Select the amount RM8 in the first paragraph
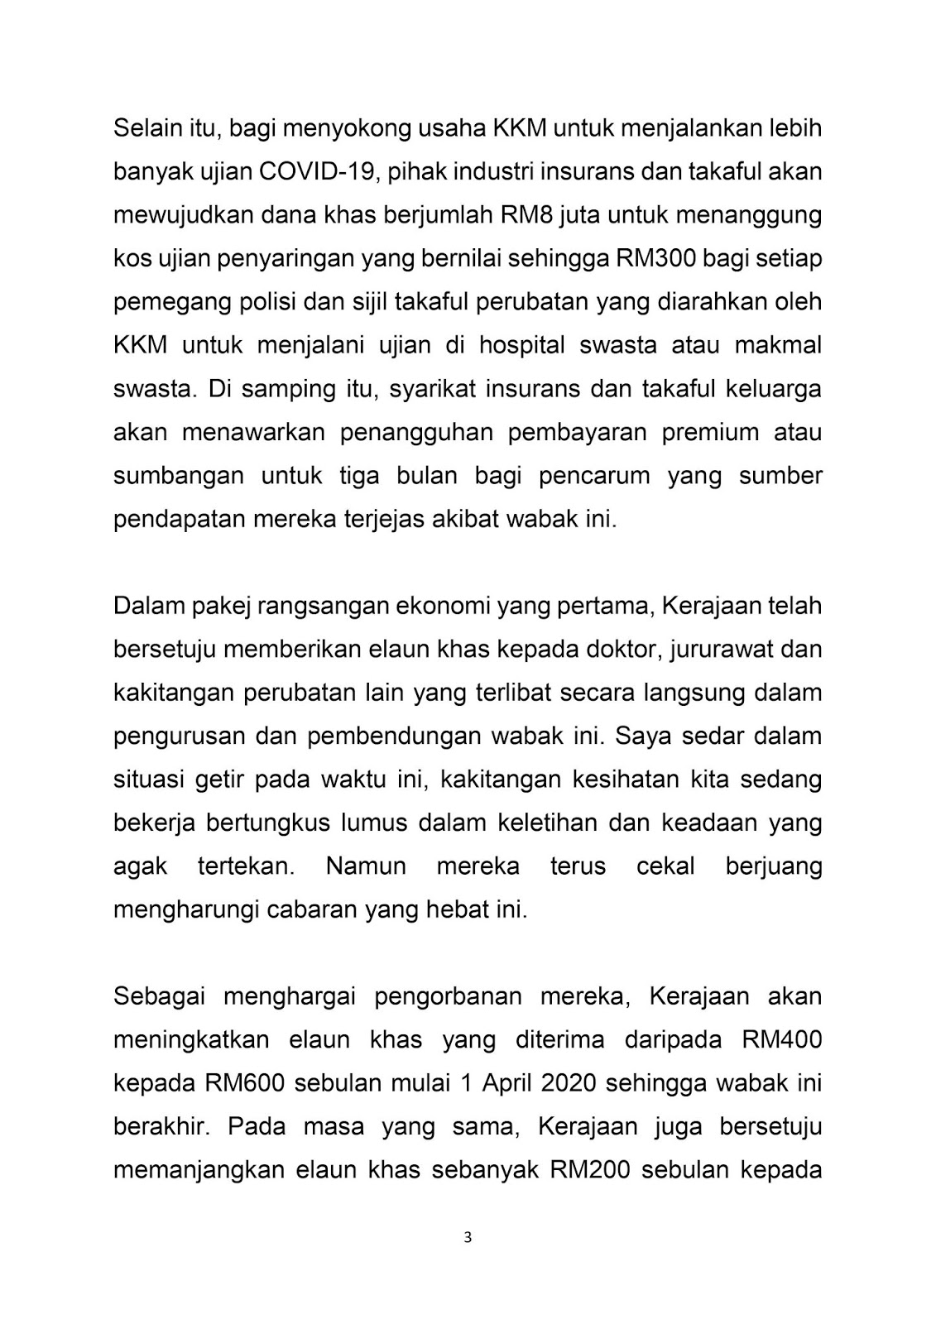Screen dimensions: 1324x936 point(527,214)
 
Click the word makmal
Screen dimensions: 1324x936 point(778,344)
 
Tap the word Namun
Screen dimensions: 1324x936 point(366,866)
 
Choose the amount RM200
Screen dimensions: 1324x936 point(590,1169)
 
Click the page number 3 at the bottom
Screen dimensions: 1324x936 point(468,1238)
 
